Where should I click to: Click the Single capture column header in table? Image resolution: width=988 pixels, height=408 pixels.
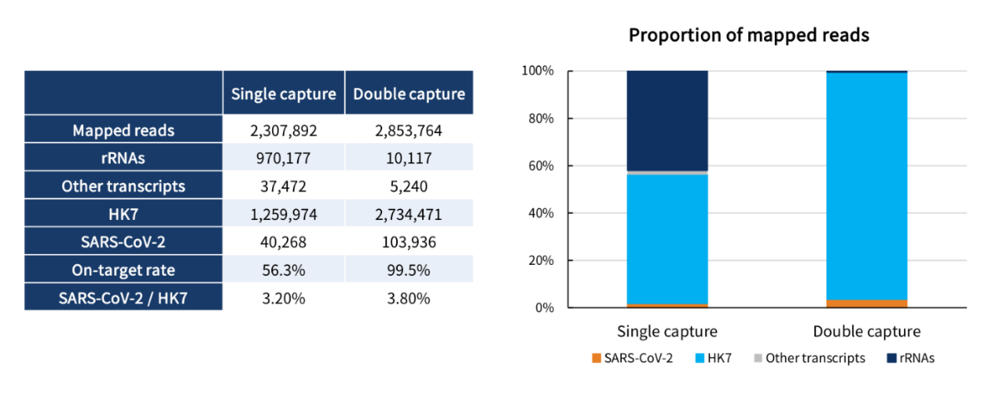(283, 93)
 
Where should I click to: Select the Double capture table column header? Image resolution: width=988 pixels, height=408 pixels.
(409, 93)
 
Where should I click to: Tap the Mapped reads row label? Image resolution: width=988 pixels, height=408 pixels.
(123, 131)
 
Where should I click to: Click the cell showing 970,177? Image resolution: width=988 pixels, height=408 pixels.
(283, 158)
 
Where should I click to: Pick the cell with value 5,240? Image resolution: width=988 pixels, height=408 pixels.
(409, 186)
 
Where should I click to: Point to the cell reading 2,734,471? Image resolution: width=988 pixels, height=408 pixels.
(409, 214)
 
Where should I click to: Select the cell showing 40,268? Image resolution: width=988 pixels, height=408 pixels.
(283, 241)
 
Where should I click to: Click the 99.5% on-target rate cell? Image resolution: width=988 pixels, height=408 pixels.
(409, 270)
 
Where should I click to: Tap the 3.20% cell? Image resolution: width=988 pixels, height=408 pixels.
(283, 297)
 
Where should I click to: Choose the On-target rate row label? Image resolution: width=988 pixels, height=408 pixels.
(123, 270)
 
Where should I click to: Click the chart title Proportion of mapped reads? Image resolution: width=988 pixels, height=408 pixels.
(748, 36)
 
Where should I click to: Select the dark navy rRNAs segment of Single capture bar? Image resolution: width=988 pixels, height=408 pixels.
(667, 121)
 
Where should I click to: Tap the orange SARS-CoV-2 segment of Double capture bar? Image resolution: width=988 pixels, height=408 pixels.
(866, 303)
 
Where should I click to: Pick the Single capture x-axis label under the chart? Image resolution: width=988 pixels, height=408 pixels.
(667, 331)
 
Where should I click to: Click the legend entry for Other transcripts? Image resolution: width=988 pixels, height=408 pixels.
(815, 358)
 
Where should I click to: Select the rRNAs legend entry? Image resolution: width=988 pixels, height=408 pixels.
(915, 358)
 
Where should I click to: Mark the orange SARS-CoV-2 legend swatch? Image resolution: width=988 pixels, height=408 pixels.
(596, 358)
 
